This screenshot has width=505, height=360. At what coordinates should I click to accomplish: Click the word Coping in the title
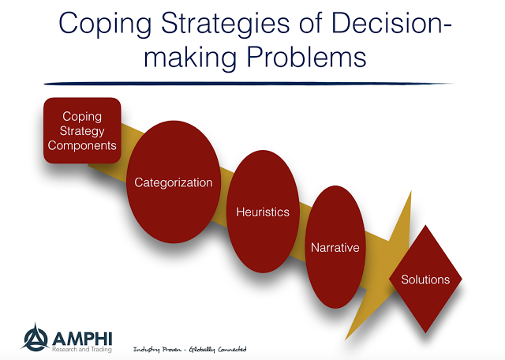(x=105, y=25)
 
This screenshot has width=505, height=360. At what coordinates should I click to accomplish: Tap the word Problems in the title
(x=306, y=57)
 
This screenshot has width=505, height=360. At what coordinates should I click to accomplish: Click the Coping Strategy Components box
(x=82, y=130)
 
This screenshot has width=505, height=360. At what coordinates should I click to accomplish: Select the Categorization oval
(x=174, y=182)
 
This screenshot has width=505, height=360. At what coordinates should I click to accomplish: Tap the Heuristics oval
(x=263, y=212)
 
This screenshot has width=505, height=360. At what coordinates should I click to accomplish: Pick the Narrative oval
(x=335, y=247)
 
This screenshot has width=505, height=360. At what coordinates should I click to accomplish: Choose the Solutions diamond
(x=425, y=279)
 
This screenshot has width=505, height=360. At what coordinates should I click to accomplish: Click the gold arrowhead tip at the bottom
(x=346, y=339)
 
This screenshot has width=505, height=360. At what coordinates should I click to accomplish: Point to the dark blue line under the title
(x=248, y=84)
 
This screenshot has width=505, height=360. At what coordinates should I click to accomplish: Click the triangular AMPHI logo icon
(x=36, y=338)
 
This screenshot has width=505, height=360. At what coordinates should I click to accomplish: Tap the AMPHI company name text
(x=82, y=339)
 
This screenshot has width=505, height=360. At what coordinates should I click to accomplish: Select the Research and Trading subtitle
(x=82, y=350)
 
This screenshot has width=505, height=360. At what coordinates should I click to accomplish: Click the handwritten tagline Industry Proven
(x=157, y=350)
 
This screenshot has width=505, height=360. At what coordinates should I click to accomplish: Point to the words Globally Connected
(x=218, y=350)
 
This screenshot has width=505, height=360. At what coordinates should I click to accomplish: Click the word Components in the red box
(x=82, y=146)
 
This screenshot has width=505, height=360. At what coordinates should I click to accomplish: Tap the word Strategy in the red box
(x=82, y=132)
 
